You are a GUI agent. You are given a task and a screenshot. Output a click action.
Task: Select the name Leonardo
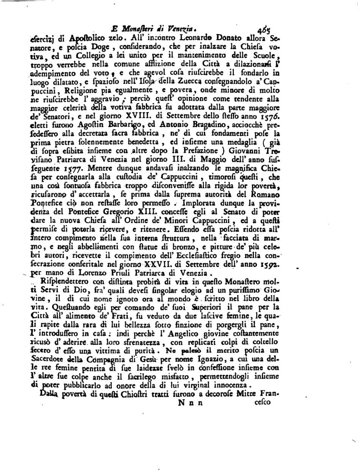pos(191,38)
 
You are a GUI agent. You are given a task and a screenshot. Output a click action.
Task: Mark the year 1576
pos(269,116)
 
